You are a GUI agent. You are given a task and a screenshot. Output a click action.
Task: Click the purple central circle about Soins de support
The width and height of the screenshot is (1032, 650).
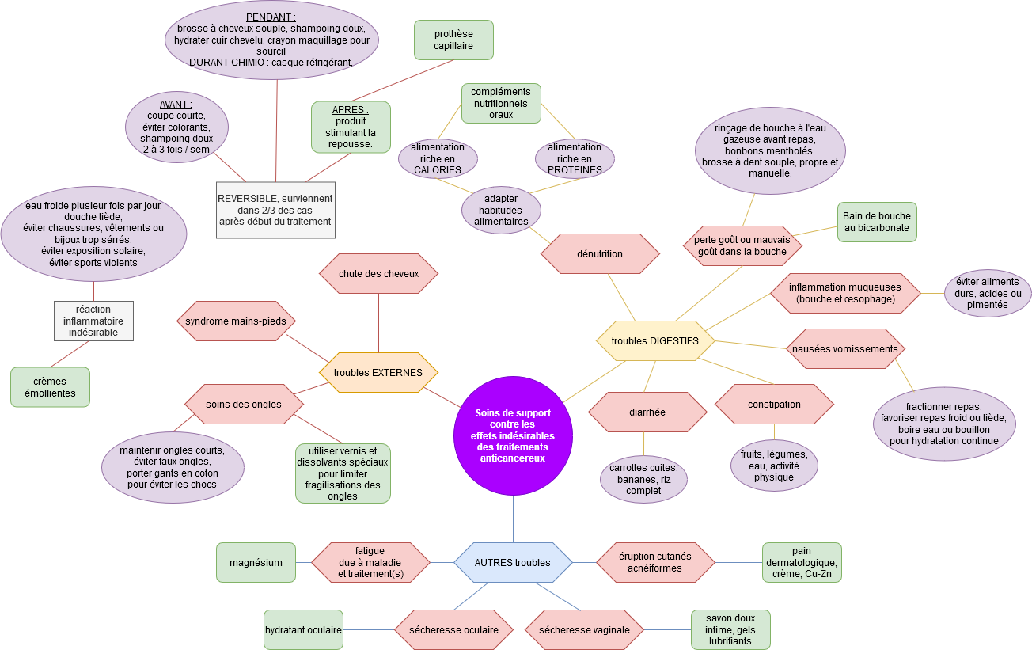513,435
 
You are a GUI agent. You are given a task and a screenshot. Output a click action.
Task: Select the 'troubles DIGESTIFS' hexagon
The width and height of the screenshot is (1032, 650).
655,340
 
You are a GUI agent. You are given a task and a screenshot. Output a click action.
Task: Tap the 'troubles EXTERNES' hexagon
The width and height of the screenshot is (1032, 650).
378,372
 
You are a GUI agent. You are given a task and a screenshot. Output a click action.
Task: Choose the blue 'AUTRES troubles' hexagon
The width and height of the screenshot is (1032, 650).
513,562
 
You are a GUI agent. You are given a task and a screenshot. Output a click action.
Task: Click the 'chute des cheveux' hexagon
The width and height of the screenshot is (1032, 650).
378,273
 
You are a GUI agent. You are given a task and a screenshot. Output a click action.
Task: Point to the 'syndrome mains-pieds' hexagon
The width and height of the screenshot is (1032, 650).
236,321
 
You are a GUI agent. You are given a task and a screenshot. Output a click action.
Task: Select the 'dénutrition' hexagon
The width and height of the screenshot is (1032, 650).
600,253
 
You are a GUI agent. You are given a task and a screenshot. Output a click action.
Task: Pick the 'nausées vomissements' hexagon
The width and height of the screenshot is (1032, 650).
845,348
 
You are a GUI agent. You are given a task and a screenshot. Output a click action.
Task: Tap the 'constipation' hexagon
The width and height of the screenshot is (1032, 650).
774,404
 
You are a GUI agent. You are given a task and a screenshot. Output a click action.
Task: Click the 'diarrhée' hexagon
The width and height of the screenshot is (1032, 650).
647,412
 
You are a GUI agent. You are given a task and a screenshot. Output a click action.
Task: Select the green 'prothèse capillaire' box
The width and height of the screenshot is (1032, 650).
453,40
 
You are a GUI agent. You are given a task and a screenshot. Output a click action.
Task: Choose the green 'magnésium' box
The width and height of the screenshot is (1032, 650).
256,562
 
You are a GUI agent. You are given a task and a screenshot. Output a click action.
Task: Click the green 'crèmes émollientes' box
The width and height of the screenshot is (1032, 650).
50,386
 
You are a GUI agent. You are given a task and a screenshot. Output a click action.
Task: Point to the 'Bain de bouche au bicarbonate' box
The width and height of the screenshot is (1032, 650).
877,222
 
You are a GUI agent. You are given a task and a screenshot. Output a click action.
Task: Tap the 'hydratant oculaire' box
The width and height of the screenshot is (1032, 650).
303,629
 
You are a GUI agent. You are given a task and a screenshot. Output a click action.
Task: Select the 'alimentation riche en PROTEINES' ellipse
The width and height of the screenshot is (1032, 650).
575,158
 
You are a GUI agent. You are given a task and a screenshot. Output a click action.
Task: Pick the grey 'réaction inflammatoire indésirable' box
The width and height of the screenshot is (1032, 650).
93,321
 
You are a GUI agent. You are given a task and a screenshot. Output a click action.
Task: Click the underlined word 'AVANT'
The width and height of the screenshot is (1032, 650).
176,104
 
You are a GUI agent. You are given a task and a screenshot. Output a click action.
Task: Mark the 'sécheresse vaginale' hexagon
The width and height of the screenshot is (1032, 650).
584,629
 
